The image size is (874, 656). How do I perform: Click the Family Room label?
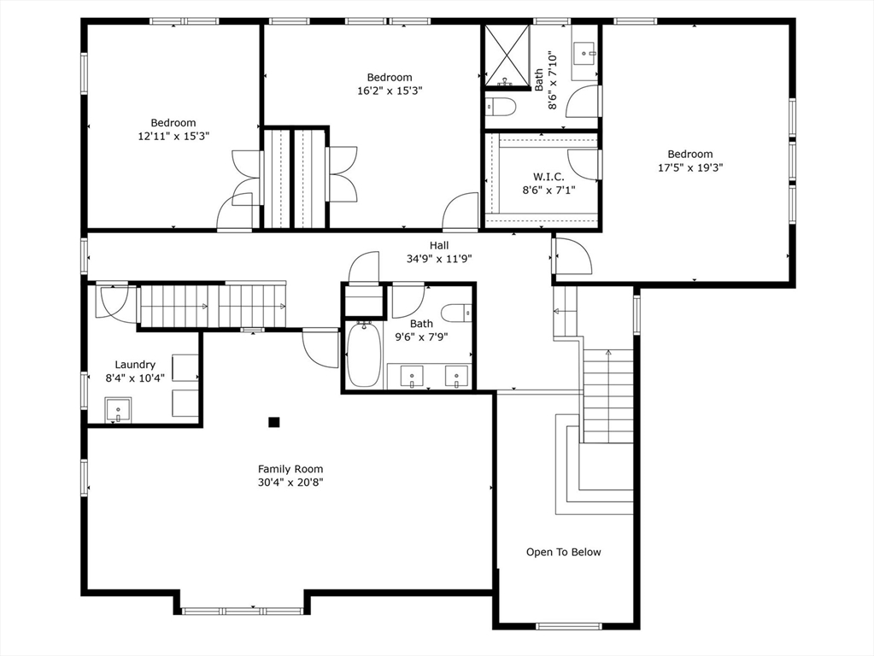pyautogui.click(x=290, y=469)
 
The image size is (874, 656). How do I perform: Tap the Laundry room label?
pyautogui.click(x=135, y=365)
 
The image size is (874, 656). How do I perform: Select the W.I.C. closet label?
pyautogui.click(x=548, y=177)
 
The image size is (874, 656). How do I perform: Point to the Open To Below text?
pyautogui.click(x=564, y=553)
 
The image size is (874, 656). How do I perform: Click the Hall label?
pyautogui.click(x=439, y=245)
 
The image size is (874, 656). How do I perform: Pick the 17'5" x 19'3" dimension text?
pyautogui.click(x=690, y=167)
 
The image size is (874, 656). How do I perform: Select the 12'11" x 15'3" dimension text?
pyautogui.click(x=173, y=136)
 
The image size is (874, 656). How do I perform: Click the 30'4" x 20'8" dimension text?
pyautogui.click(x=290, y=483)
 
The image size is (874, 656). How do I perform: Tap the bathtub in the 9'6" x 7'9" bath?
pyautogui.click(x=364, y=354)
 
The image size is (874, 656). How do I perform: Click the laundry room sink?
pyautogui.click(x=118, y=410)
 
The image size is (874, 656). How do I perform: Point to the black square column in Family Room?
pyautogui.click(x=273, y=422)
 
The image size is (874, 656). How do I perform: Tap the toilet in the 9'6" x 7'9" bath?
pyautogui.click(x=457, y=313)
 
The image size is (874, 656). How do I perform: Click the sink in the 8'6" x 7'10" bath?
pyautogui.click(x=584, y=54)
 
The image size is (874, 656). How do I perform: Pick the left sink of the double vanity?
pyautogui.click(x=412, y=376)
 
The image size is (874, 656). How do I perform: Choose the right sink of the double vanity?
pyautogui.click(x=456, y=376)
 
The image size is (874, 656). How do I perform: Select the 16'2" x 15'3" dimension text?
pyautogui.click(x=390, y=91)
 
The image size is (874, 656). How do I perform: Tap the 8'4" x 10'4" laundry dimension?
pyautogui.click(x=135, y=378)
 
